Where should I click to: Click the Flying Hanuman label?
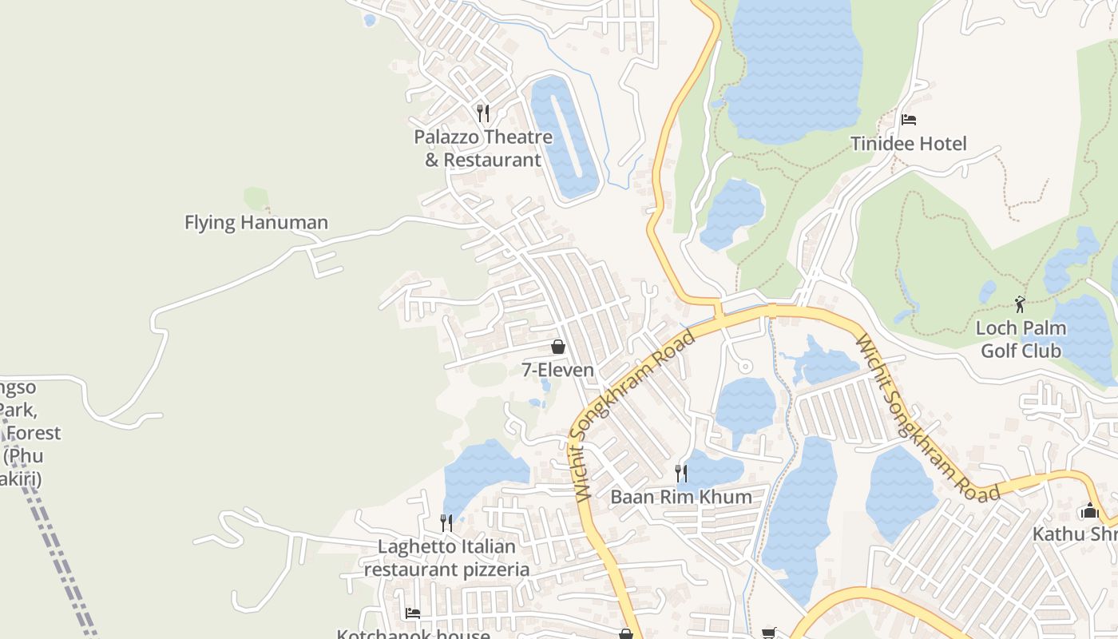(256, 222)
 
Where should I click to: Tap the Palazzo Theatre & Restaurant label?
(483, 149)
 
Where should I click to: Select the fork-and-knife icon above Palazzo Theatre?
(482, 113)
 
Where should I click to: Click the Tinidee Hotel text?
(908, 144)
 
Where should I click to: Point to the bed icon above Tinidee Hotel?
(908, 120)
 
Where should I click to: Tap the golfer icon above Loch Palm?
(1020, 304)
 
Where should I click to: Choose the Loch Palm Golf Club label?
(1021, 339)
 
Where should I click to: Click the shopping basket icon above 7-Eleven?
(557, 347)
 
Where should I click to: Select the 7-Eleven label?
(557, 370)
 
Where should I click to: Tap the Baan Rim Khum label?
(681, 497)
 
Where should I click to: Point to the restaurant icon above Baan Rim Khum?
(680, 473)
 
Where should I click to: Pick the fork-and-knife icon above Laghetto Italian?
(446, 523)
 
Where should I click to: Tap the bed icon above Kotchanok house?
(413, 613)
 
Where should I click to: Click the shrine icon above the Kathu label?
(1089, 511)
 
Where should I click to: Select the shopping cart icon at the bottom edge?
(768, 633)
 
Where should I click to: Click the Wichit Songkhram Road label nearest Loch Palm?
(926, 419)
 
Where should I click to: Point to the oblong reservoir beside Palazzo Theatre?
(565, 137)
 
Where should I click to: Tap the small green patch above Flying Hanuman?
(256, 198)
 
